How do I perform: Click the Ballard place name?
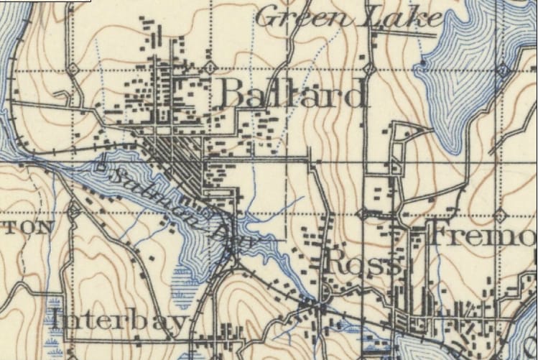point(292,94)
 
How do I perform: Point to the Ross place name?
point(362,263)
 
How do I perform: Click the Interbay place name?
point(119,320)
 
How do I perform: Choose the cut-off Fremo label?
point(481,234)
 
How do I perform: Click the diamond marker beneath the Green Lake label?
point(368,69)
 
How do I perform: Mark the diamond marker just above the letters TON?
point(73,211)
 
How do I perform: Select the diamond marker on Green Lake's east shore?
point(503,70)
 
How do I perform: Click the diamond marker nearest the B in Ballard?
point(209,68)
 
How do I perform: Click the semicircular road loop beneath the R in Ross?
point(328,291)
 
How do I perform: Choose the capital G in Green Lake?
point(269,17)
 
